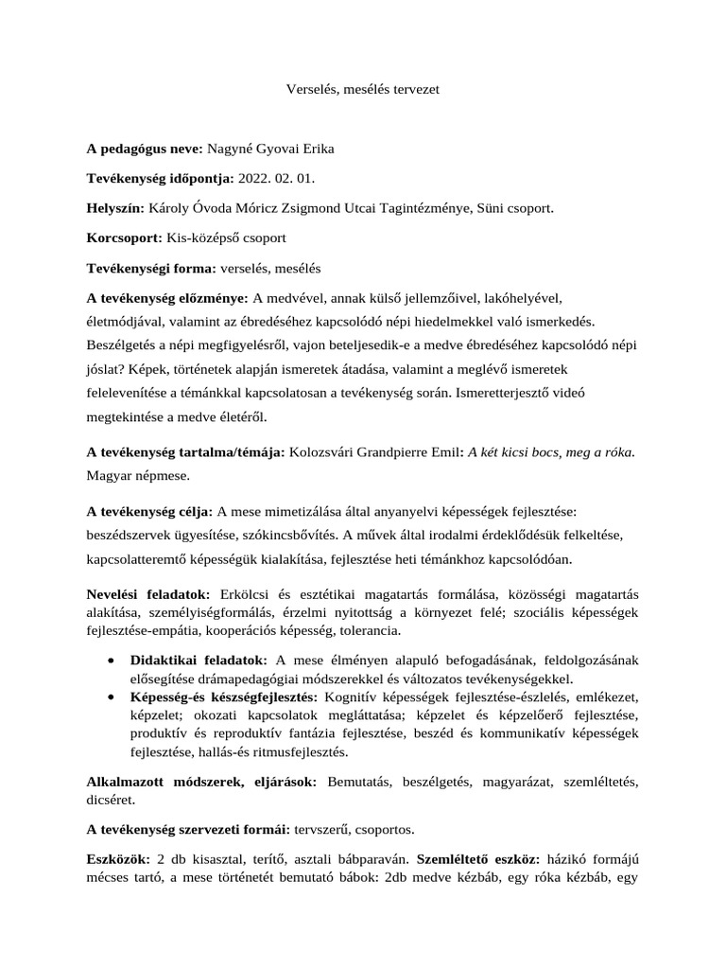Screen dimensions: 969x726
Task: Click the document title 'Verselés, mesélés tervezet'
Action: pos(363,90)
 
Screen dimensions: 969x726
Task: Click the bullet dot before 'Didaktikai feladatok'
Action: pos(113,659)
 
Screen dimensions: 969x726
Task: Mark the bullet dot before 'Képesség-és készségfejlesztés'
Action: pos(113,696)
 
